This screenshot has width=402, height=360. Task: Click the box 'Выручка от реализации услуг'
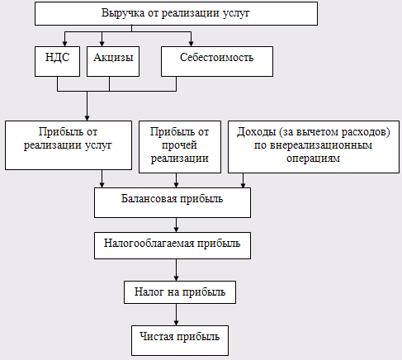[x=176, y=13]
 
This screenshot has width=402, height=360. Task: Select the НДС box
[x=57, y=61]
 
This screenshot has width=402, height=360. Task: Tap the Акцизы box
[x=113, y=61]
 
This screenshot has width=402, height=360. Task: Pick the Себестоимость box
[x=217, y=61]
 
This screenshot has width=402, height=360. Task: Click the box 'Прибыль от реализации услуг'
[x=69, y=145]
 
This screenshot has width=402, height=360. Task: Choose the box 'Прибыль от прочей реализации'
[x=180, y=147]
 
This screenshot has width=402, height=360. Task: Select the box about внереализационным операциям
[x=314, y=147]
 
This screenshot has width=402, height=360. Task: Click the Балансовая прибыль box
[x=173, y=202]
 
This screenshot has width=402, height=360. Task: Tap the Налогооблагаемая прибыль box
[x=173, y=245]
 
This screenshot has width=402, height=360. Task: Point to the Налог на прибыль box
[x=180, y=292]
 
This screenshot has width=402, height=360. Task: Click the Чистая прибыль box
[x=180, y=340]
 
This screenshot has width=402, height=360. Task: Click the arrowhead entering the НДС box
[x=64, y=44]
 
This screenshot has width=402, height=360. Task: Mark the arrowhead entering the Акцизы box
[x=102, y=44]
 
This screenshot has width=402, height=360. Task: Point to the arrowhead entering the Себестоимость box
[x=191, y=44]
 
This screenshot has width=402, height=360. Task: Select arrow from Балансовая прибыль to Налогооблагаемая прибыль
[x=177, y=225]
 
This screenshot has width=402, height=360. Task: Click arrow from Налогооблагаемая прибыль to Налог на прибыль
[x=177, y=270]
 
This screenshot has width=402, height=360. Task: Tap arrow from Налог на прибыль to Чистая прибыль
[x=177, y=315]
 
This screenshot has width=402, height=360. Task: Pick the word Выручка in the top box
[x=123, y=13]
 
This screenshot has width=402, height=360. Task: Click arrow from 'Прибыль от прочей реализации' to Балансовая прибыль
[x=177, y=180]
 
